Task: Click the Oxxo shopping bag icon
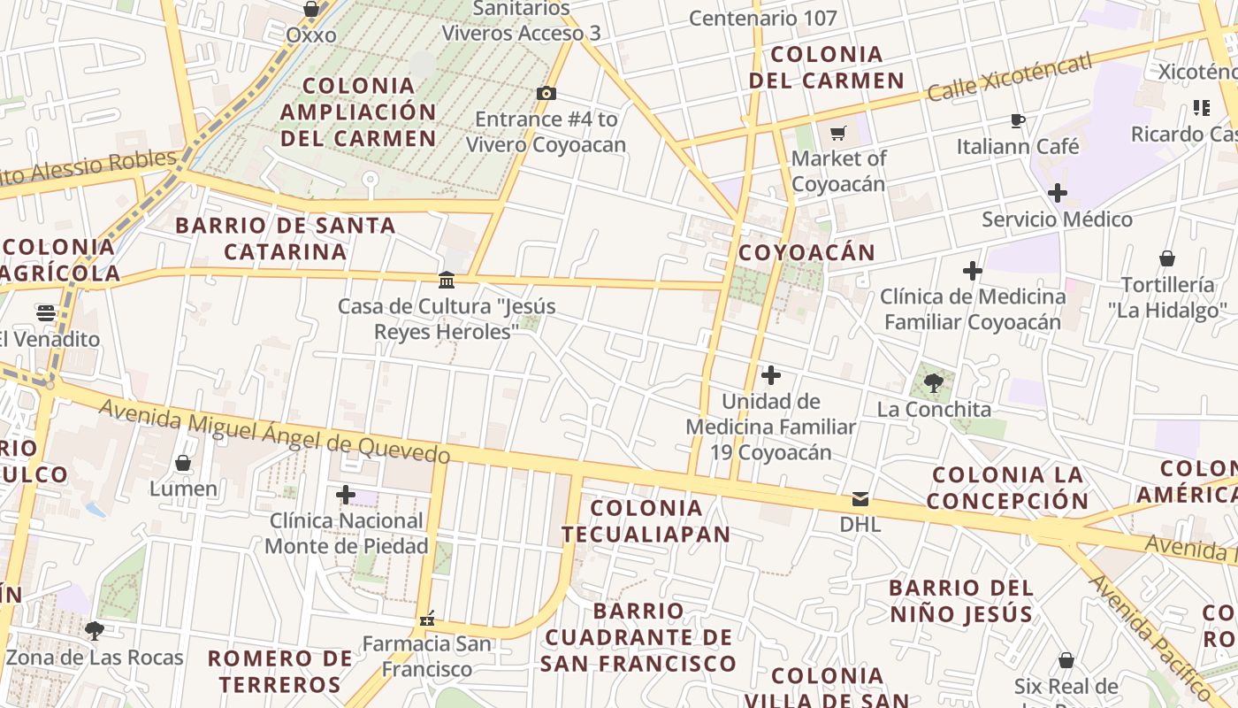pyautogui.click(x=311, y=10)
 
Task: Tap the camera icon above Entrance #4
pyautogui.click(x=546, y=93)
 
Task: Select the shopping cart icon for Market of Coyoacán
pyautogui.click(x=837, y=134)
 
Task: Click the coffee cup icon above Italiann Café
pyautogui.click(x=1018, y=120)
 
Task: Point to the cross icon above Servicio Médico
pyautogui.click(x=1058, y=193)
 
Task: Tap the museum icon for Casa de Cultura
pyautogui.click(x=447, y=281)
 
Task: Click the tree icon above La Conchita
pyautogui.click(x=933, y=383)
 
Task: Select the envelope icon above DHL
pyautogui.click(x=860, y=499)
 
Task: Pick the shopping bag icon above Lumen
pyautogui.click(x=183, y=463)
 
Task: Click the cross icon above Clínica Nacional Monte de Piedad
pyautogui.click(x=346, y=495)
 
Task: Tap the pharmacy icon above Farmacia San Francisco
pyautogui.click(x=427, y=619)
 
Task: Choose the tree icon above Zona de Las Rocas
pyautogui.click(x=94, y=631)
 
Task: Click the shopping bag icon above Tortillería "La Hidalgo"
pyautogui.click(x=1167, y=258)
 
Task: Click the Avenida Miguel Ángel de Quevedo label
pyautogui.click(x=274, y=432)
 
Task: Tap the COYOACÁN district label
pyautogui.click(x=806, y=253)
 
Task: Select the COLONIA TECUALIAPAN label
pyautogui.click(x=646, y=521)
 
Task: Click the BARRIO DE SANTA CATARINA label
pyautogui.click(x=285, y=239)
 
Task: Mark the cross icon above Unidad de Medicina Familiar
pyautogui.click(x=771, y=375)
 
